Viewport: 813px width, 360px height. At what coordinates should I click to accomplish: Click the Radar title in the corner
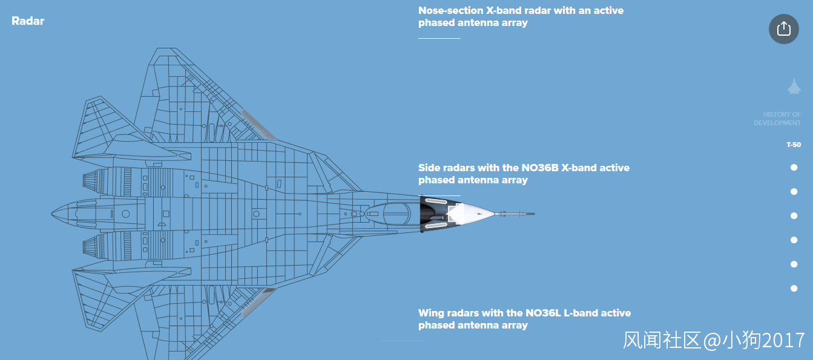coord(28,21)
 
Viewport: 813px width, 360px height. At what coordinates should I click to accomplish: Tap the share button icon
coord(783,28)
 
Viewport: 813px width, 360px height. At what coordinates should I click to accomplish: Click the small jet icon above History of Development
coord(794,87)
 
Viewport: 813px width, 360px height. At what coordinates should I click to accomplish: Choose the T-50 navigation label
coord(794,145)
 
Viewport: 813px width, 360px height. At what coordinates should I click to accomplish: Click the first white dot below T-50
coord(794,168)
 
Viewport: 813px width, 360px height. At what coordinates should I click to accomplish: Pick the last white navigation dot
coord(794,289)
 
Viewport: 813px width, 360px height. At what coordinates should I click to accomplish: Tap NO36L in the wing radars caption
coord(543,313)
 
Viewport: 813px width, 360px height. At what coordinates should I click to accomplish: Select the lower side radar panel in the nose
coord(436,226)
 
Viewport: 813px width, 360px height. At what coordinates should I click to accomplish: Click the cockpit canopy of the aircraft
coord(397,214)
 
